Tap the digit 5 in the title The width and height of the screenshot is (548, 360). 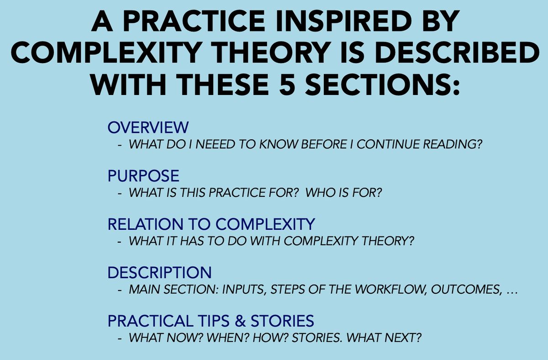pos(287,85)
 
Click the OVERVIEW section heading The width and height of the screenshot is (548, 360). pos(148,127)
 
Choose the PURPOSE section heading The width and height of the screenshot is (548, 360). pos(143,176)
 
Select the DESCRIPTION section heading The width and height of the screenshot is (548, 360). pos(159,273)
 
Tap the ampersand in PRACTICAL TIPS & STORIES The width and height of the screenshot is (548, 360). pos(240,321)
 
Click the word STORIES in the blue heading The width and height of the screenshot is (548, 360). pos(282,321)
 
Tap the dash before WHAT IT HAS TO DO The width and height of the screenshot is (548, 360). pos(119,242)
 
